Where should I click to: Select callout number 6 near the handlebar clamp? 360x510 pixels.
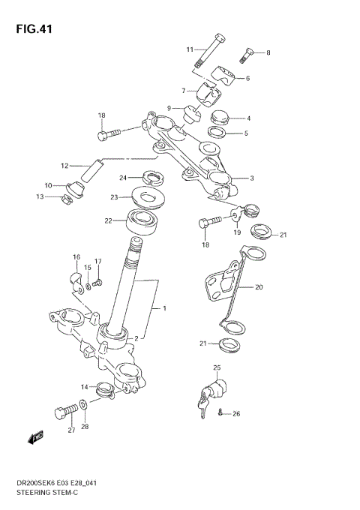coord(247,78)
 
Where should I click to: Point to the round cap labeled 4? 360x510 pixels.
coord(219,118)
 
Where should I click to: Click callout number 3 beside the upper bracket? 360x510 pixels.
coord(253,178)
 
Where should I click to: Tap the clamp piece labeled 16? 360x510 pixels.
coord(75,280)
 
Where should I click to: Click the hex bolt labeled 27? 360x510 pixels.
coord(64,412)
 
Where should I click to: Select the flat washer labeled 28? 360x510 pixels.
coord(85,407)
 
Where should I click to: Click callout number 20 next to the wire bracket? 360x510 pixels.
coord(259,286)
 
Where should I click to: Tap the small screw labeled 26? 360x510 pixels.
coord(221,412)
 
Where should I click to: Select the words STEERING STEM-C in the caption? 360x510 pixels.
coord(46,492)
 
